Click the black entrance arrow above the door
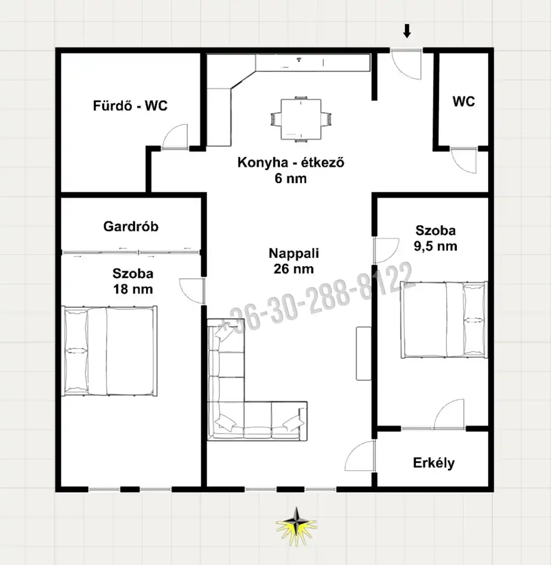(407, 31)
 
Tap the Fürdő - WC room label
(130, 106)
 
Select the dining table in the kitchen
(301, 119)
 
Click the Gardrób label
(131, 227)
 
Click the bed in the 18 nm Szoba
(110, 351)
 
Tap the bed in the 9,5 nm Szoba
(444, 320)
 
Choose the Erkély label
(434, 463)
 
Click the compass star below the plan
(296, 526)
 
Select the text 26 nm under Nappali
(294, 269)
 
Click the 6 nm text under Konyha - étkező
(290, 179)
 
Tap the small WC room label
(463, 101)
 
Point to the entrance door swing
(406, 65)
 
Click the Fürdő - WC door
(175, 137)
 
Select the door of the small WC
(464, 160)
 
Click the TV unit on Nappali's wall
(364, 353)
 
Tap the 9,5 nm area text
(435, 246)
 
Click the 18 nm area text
(133, 289)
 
